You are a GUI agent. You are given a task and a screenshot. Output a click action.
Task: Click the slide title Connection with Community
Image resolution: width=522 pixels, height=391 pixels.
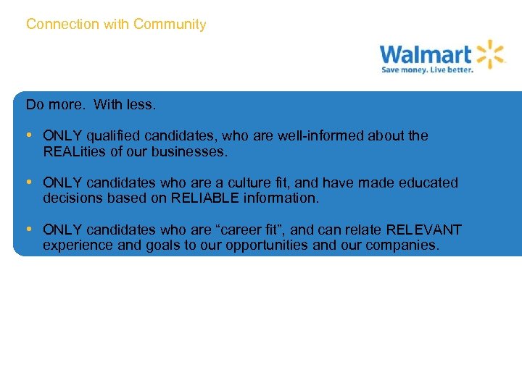click(x=116, y=25)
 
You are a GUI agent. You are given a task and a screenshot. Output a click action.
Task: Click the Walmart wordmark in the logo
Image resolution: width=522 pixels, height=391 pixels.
click(x=425, y=54)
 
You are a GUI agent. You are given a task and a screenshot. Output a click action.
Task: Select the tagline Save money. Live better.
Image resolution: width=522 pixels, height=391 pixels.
click(x=428, y=70)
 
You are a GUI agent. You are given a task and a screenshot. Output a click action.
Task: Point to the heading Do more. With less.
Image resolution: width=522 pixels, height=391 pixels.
click(x=91, y=105)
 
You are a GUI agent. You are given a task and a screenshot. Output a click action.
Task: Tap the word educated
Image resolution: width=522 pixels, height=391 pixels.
click(x=429, y=183)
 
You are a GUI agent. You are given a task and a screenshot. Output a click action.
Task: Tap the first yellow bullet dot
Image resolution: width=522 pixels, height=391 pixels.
click(x=29, y=135)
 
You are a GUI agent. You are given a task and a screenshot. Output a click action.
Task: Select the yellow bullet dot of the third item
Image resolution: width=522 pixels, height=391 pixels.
click(x=29, y=230)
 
